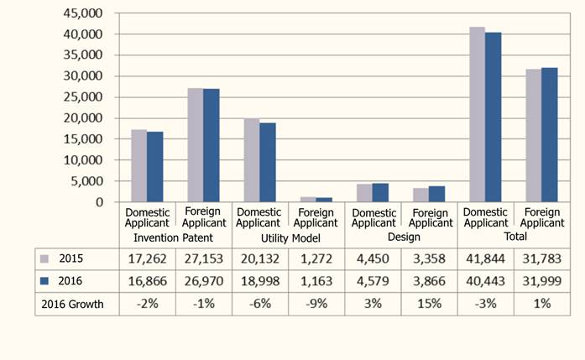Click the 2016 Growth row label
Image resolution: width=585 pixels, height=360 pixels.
click(x=73, y=304)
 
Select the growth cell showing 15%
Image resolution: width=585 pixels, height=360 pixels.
click(x=429, y=304)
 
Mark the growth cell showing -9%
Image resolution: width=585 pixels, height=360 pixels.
click(x=316, y=304)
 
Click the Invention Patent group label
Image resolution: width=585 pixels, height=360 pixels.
click(x=175, y=237)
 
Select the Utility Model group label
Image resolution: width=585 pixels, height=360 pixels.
click(x=287, y=237)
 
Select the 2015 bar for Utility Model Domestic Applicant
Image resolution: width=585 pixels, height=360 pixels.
click(x=251, y=160)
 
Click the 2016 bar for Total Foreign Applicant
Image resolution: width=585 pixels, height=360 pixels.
click(x=550, y=135)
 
